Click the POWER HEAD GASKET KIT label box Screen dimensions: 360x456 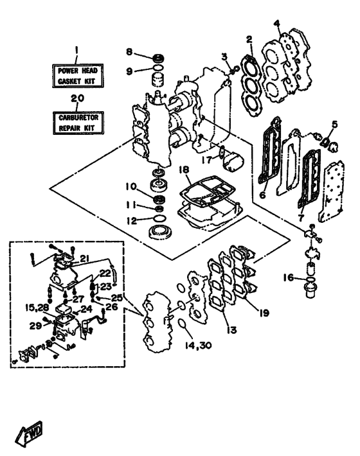pos(78,76)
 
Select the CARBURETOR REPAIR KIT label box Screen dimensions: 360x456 pos(78,123)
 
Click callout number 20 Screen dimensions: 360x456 pos(77,99)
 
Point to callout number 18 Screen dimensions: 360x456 pos(184,170)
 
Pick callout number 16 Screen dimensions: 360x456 pos(289,278)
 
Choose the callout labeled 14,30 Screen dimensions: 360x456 pos(198,345)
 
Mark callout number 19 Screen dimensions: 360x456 pos(264,313)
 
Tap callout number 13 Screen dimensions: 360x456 pos(231,329)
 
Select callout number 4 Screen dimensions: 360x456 pos(277,23)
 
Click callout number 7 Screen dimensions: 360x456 pos(301,217)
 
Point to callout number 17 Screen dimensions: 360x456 pos(208,160)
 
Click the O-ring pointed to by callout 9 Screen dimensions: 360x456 pos(157,68)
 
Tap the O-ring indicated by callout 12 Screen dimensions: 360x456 pos(160,218)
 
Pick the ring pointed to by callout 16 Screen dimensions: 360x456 pos(310,280)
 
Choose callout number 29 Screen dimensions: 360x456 pos(35,326)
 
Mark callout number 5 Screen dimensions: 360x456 pos(335,125)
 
